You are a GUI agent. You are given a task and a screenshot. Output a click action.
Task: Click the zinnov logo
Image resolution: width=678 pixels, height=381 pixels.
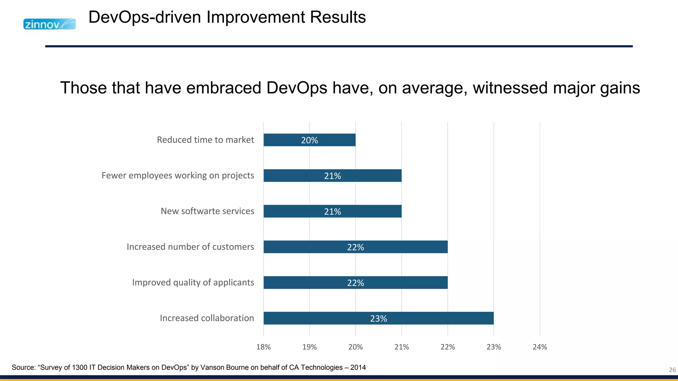tap(49, 24)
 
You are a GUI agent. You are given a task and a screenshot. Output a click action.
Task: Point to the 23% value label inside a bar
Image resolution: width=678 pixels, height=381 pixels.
tap(378, 318)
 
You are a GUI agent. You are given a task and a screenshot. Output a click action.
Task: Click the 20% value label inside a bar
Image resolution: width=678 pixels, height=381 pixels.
tap(309, 140)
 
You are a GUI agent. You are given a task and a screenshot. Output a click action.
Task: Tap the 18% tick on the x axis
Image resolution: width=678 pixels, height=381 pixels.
tap(264, 347)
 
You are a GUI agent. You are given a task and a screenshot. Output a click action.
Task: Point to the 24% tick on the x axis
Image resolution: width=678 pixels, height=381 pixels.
tap(540, 347)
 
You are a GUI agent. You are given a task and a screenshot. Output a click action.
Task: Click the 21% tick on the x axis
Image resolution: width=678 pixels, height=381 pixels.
tap(402, 347)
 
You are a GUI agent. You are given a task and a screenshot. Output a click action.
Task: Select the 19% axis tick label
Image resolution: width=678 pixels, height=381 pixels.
tap(310, 347)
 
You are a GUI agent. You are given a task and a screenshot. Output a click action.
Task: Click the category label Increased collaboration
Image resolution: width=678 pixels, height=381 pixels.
tap(207, 318)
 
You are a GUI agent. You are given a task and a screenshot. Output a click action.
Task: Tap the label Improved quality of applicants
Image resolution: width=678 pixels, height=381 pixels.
tap(193, 282)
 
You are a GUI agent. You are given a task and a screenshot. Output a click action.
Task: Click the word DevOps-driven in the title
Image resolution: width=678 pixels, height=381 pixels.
tap(145, 17)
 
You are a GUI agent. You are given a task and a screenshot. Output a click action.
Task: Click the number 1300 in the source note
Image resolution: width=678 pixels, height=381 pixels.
tap(80, 367)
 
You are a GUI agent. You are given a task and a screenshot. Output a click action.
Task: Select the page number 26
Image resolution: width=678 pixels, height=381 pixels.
tap(672, 370)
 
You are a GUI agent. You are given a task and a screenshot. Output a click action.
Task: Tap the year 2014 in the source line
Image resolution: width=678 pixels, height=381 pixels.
tap(358, 367)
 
